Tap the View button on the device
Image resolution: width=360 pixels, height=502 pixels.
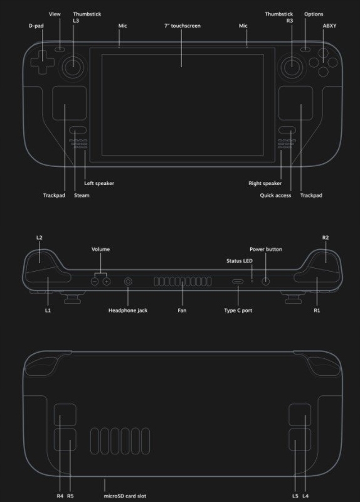click(60, 50)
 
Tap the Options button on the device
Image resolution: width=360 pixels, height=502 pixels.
click(305, 50)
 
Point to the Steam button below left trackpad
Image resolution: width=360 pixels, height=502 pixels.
click(77, 130)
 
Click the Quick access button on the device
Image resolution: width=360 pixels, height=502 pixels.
click(287, 130)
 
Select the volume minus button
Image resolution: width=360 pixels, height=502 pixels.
click(95, 281)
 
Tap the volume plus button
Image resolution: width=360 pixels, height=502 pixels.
click(107, 281)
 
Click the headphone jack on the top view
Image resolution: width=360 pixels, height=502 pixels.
click(128, 282)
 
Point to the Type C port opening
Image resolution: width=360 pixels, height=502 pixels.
click(238, 282)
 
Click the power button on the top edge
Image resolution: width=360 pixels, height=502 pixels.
click(265, 281)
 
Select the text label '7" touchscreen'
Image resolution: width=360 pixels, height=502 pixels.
click(183, 26)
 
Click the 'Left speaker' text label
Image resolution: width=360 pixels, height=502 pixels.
click(99, 183)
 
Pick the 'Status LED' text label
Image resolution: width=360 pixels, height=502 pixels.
click(240, 261)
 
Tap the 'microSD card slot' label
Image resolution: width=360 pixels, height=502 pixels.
click(125, 496)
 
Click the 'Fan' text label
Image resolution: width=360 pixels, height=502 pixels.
click(182, 310)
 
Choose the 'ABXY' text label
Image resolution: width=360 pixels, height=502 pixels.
click(329, 26)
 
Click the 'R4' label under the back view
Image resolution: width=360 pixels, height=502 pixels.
click(60, 496)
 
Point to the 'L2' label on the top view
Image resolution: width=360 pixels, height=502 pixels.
click(40, 238)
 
